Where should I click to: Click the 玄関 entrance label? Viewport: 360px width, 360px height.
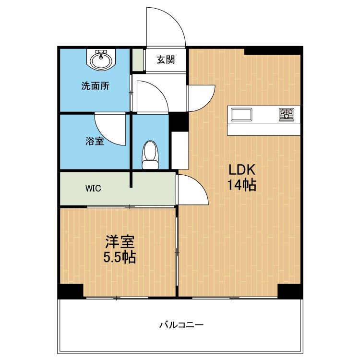point(166,60)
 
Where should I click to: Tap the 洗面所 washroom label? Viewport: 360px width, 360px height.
point(96,86)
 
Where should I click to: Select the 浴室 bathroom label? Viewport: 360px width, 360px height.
point(95,141)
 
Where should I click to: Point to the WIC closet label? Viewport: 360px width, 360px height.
point(93,189)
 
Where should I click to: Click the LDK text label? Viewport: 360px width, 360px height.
point(241,170)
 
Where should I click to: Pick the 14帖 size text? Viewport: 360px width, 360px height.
point(242,185)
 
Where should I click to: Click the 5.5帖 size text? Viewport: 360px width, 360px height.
point(120,257)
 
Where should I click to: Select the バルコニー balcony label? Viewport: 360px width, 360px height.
point(181,325)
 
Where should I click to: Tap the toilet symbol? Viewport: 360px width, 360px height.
point(150,155)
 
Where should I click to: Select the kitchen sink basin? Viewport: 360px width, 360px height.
point(241,115)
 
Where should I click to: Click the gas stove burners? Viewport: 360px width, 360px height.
point(287,114)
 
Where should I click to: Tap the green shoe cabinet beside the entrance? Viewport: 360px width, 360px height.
point(138,60)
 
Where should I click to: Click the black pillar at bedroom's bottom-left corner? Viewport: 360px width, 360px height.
point(70,291)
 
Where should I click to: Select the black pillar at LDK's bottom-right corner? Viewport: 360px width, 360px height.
point(290,291)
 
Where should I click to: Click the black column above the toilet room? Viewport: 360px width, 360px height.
point(179,122)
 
